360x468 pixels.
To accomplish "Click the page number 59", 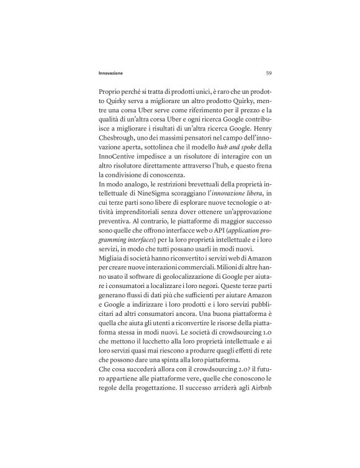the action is click(x=268, y=73).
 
